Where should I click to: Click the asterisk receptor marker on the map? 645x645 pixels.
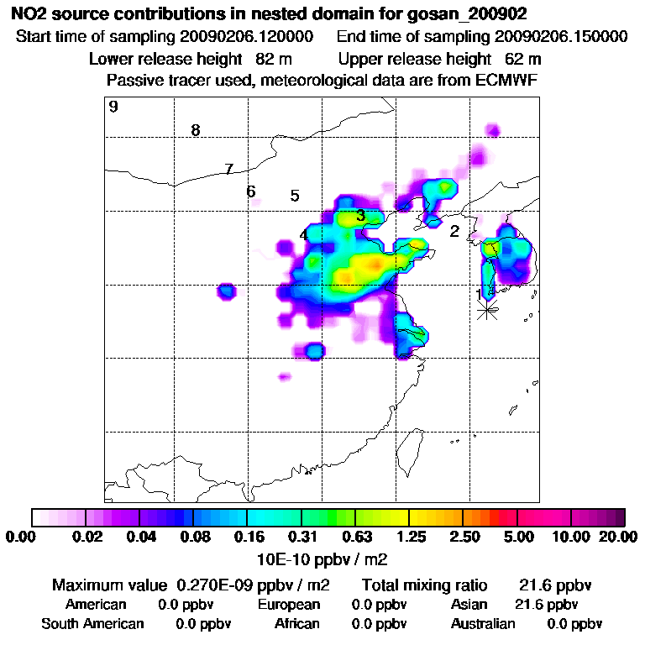click(487, 309)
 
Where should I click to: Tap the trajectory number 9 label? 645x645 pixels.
click(113, 107)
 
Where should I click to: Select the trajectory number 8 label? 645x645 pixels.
click(196, 130)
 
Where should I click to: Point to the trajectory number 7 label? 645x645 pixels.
click(228, 170)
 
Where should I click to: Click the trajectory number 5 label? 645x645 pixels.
click(295, 196)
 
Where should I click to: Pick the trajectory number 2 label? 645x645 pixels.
click(454, 231)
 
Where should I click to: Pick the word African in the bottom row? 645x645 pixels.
click(297, 624)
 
